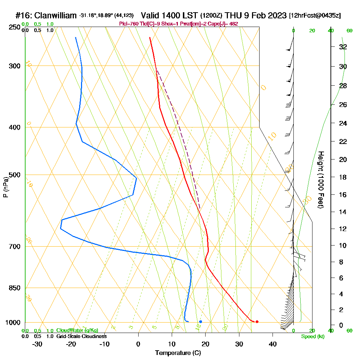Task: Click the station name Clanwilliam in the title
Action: coord(54,16)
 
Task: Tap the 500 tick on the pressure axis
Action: coord(15,175)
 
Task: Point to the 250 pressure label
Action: coord(15,27)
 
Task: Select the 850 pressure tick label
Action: coord(15,288)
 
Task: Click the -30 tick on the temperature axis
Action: coord(37,344)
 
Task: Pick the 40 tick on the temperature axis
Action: coord(273,344)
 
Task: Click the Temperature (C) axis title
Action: coord(178,353)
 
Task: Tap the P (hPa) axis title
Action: coord(5,187)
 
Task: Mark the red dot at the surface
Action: coord(257,321)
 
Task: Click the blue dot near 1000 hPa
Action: coord(201,321)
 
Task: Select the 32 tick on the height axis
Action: coord(343,47)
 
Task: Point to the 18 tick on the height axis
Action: coord(343,177)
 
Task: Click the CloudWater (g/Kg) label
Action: coord(77,330)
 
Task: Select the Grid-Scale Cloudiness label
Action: coord(81,336)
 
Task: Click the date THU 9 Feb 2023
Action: coord(256,16)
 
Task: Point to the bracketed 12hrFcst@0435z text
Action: coord(315,16)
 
